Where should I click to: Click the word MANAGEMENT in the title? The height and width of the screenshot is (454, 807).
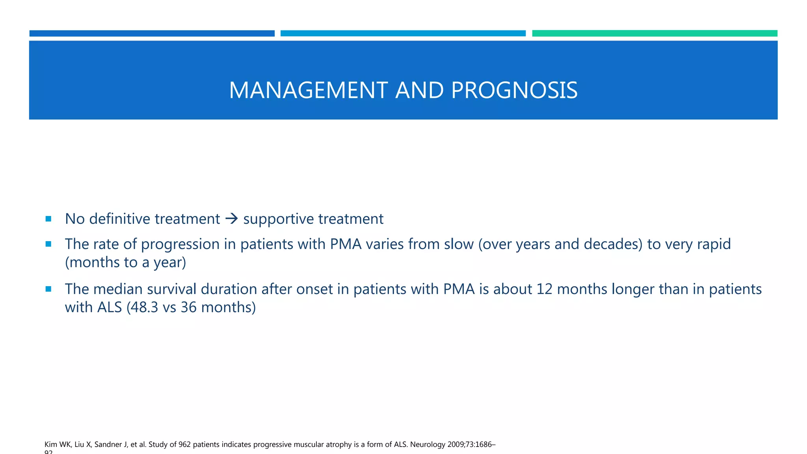[x=308, y=90]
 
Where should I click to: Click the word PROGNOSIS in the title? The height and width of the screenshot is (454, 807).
[x=514, y=90]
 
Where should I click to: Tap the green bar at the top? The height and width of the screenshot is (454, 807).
[x=655, y=33]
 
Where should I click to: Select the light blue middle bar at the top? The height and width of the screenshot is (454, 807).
[x=403, y=33]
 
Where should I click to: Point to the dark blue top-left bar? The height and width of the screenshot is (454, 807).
[x=152, y=33]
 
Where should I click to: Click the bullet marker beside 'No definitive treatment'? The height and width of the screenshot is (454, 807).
[x=48, y=219]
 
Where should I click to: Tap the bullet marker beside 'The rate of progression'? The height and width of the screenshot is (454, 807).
[x=48, y=244]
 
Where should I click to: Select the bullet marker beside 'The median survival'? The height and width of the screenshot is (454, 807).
[x=48, y=289]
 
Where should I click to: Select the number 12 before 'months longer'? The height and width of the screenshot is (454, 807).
[x=545, y=289]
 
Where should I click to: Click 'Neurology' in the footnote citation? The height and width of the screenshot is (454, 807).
[x=428, y=445]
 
